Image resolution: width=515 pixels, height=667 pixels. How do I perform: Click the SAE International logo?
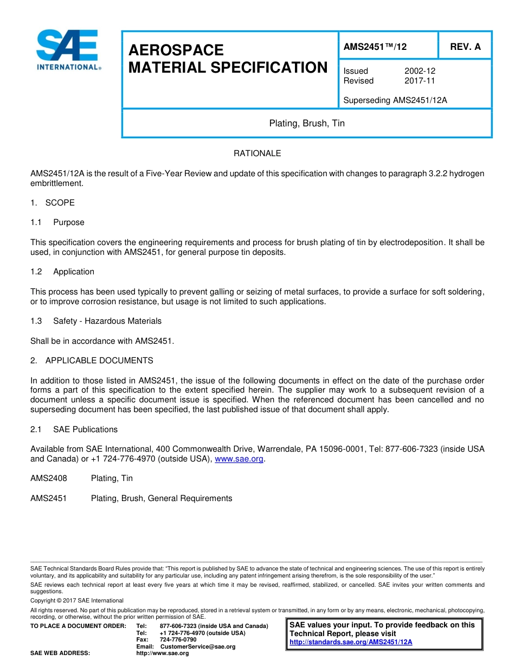click(68, 50)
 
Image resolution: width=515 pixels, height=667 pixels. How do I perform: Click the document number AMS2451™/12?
click(375, 47)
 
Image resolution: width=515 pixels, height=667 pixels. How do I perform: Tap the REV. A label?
click(465, 47)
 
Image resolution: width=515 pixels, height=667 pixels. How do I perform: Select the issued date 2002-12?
click(420, 71)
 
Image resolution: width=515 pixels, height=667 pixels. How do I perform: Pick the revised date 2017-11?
click(420, 81)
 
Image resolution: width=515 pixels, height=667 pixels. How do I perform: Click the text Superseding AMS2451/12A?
click(395, 100)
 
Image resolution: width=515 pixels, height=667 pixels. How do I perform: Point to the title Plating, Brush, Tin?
click(307, 124)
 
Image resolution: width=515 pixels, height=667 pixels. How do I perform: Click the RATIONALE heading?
click(257, 153)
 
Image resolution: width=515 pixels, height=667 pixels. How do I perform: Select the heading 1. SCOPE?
click(53, 203)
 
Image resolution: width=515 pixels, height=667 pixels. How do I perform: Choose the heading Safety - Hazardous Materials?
click(107, 321)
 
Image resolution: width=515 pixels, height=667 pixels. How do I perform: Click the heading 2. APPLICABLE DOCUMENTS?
click(92, 361)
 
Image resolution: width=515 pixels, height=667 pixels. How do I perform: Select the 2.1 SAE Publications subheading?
click(74, 429)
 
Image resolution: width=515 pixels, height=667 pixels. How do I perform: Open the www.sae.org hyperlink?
click(239, 459)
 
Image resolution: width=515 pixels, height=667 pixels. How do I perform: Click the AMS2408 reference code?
click(49, 478)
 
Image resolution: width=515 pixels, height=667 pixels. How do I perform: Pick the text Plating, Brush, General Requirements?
click(162, 498)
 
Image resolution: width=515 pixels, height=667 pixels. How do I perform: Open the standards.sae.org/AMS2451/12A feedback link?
click(351, 642)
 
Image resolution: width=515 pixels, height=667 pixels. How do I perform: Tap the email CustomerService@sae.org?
click(197, 646)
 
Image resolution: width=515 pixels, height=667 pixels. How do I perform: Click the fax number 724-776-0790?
click(178, 640)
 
